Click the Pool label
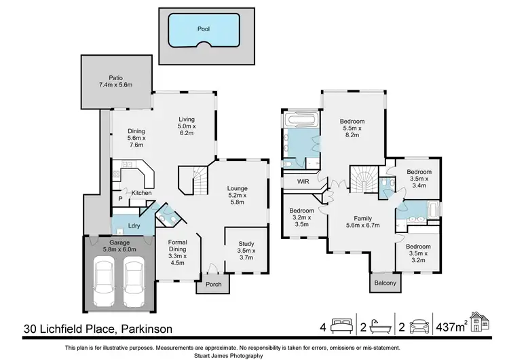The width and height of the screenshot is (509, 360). click(x=203, y=29)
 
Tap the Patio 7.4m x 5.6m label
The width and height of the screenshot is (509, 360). click(x=115, y=82)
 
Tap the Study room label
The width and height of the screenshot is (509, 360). click(x=246, y=247)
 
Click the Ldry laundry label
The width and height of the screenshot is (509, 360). click(x=134, y=226)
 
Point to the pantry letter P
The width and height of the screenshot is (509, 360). click(x=120, y=199)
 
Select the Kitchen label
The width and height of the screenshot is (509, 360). click(x=141, y=193)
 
